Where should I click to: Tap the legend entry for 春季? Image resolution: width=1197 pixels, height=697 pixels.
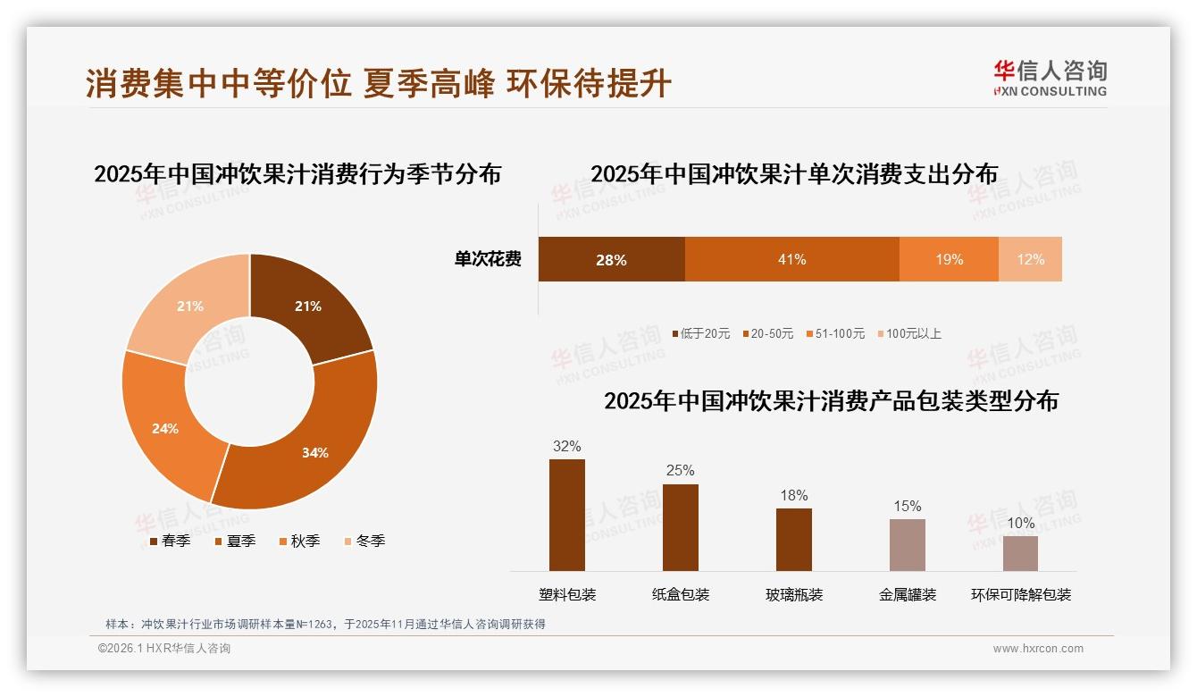click(169, 541)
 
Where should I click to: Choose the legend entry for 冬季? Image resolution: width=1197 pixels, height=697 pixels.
click(364, 541)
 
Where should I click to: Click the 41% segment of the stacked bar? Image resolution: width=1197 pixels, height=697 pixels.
click(791, 259)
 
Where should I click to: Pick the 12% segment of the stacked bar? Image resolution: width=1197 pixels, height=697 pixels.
click(1030, 259)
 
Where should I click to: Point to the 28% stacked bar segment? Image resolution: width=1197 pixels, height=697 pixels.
click(611, 259)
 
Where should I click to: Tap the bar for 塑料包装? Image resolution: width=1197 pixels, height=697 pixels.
click(566, 516)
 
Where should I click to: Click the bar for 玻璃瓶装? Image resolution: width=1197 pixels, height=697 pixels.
click(793, 540)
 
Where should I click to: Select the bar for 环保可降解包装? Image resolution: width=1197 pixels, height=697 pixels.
click(1020, 553)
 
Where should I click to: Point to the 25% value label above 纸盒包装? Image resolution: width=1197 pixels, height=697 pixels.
click(680, 471)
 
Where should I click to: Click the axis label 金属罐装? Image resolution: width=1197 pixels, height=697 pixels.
click(907, 595)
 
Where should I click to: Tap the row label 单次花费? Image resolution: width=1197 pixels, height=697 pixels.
click(488, 259)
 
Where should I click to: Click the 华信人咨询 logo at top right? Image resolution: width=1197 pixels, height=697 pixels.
click(1050, 78)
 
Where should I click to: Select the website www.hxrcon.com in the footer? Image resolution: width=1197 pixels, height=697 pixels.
click(1037, 649)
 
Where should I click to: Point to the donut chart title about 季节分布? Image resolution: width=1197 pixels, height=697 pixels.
click(297, 173)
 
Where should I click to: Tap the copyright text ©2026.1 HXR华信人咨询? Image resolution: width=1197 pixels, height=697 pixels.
click(164, 649)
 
